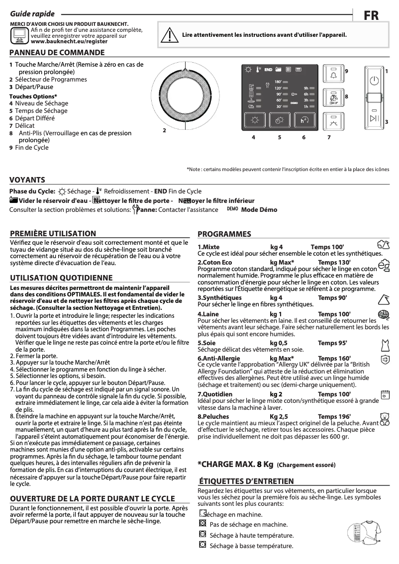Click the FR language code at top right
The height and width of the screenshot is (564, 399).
371,15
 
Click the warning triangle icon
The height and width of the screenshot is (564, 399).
171,35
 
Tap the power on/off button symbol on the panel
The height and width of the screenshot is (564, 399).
374,80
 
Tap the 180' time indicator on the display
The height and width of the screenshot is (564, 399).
278,82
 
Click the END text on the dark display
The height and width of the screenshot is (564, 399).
268,70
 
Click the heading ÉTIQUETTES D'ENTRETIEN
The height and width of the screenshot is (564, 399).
246,481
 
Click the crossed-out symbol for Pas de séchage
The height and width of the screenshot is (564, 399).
202,524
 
